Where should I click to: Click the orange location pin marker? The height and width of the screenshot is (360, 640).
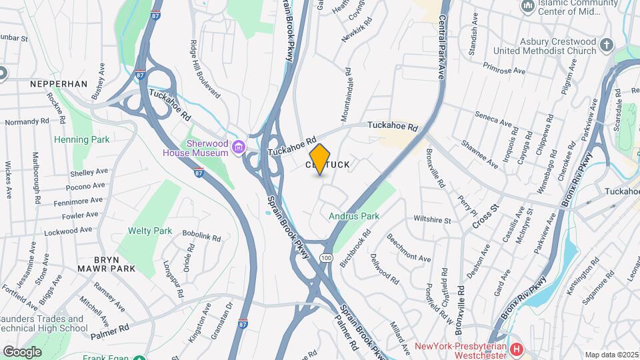[320, 159]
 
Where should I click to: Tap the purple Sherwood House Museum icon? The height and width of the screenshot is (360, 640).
[238, 147]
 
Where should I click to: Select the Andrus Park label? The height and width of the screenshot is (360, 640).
[353, 216]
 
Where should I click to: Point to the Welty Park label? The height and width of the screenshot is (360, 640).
[149, 231]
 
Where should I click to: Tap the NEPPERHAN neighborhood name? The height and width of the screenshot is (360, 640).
[59, 84]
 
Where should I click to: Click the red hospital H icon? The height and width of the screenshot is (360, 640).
[515, 349]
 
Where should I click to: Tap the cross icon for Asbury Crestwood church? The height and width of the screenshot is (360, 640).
[606, 45]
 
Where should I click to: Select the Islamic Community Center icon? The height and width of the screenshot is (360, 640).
[529, 7]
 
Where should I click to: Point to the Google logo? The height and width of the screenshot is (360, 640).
[22, 351]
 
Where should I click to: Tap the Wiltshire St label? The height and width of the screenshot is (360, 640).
[433, 219]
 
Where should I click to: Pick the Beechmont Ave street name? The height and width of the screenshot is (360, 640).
[409, 247]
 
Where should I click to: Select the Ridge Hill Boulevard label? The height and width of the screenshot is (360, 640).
[205, 70]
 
